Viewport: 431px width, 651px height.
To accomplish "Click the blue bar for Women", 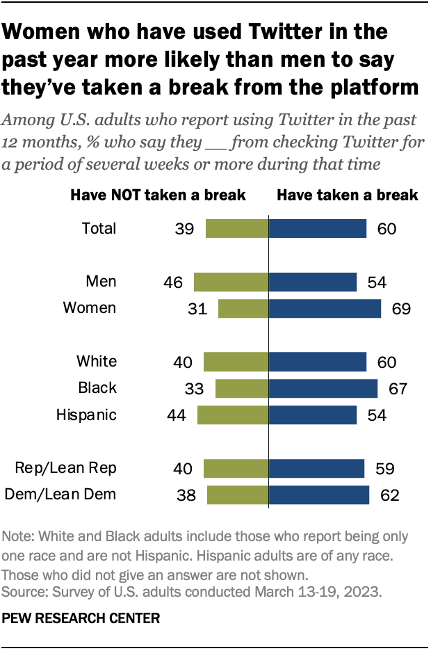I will (x=325, y=308).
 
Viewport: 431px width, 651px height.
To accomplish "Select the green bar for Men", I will (x=231, y=282).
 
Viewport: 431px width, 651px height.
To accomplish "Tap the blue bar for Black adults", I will (x=323, y=388).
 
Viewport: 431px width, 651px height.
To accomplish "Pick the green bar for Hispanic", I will (x=233, y=415).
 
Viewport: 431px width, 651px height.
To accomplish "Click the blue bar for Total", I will (x=317, y=229).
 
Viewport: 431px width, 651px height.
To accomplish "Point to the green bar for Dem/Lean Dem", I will (x=238, y=495).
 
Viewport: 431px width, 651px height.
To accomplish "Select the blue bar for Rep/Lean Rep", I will (x=316, y=468).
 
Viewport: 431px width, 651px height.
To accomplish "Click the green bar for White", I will (x=236, y=362).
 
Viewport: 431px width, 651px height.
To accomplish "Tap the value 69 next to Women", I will (x=400, y=308).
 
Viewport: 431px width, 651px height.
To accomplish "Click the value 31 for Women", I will (x=197, y=308).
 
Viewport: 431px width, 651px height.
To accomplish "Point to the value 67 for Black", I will (x=397, y=388).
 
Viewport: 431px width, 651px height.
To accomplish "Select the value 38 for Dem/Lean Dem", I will (x=186, y=495).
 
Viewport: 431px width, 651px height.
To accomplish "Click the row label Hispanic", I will (x=86, y=415).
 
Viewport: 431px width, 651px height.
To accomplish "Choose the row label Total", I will (x=99, y=229).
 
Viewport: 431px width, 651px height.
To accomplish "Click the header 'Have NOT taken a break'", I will (x=158, y=195).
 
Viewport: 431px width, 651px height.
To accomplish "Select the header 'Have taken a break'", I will (x=347, y=195).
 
